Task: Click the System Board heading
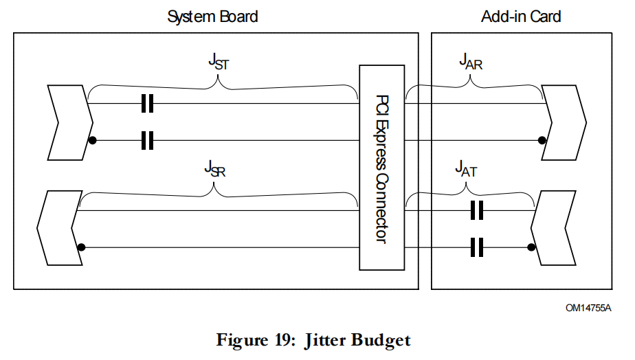coord(212,16)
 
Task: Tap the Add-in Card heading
coord(521,16)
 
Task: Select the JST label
coord(219,62)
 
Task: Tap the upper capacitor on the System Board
coord(146,104)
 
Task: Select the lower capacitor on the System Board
coord(146,141)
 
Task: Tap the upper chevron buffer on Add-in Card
coord(565,122)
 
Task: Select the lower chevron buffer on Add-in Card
coord(554,228)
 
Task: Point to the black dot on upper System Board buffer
coord(91,141)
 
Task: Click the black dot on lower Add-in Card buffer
coord(531,247)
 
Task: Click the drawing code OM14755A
coord(588,308)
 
